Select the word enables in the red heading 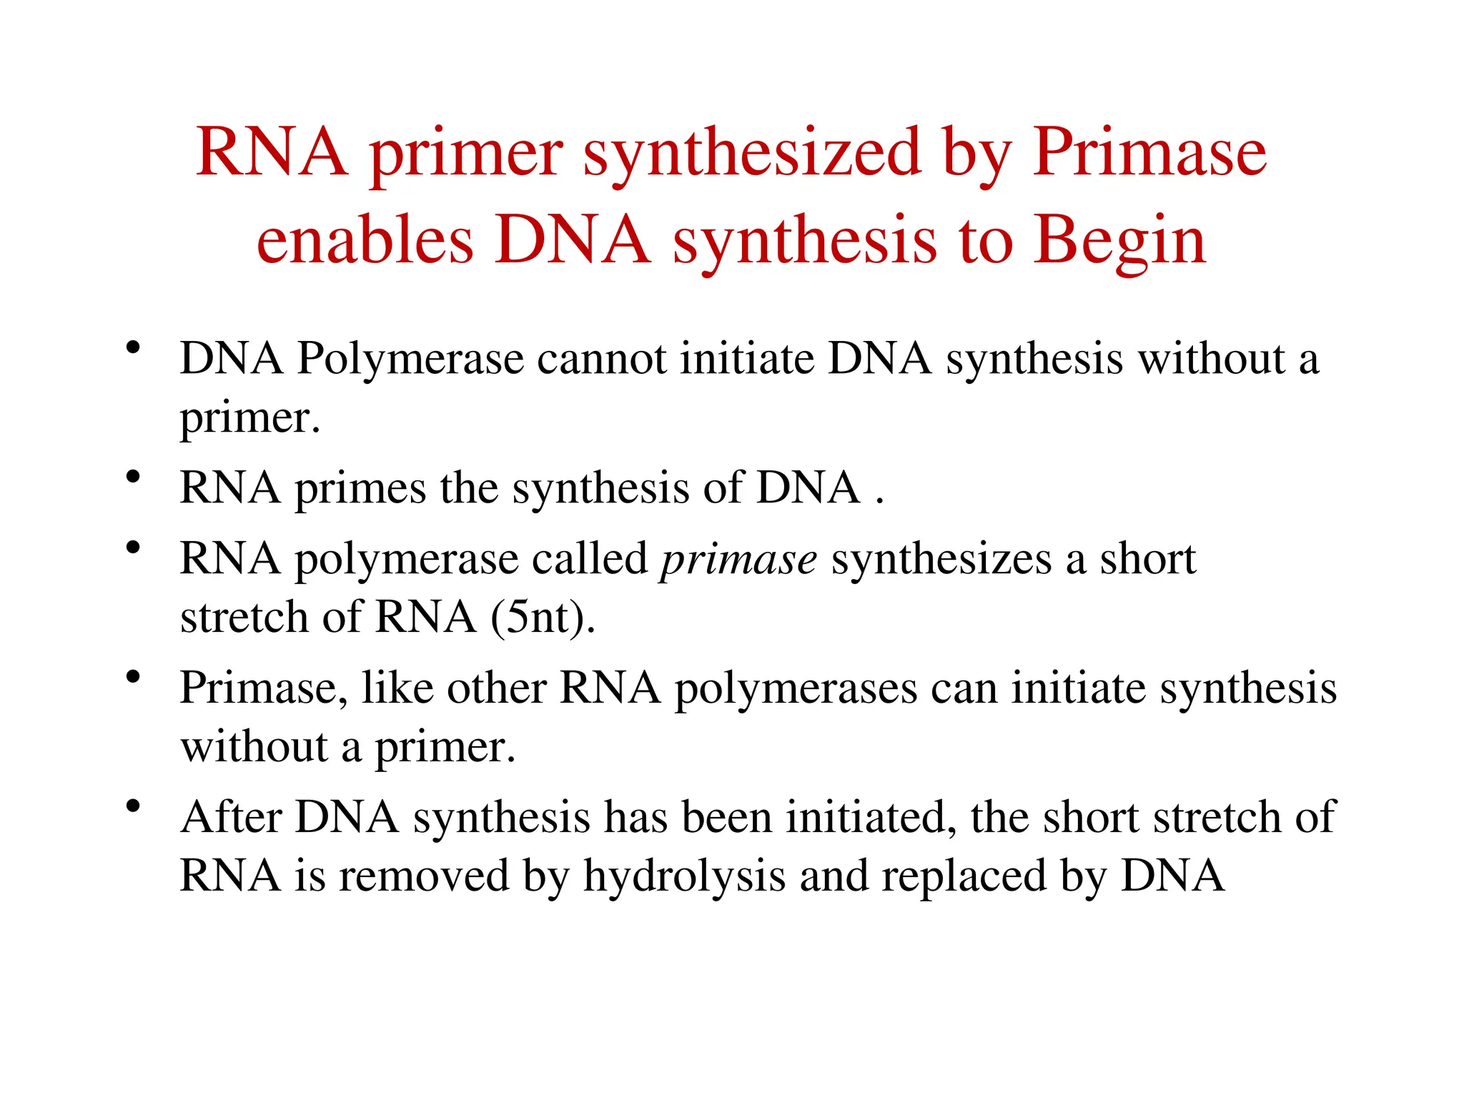pos(365,240)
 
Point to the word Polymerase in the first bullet pos(410,359)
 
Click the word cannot pos(602,359)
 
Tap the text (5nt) pos(543,618)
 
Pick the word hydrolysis pos(684,876)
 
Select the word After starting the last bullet pos(231,817)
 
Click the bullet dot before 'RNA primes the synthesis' pos(132,477)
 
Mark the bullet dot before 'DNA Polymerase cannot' pos(132,348)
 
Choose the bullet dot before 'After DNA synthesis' pos(132,806)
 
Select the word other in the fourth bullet pos(497,688)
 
